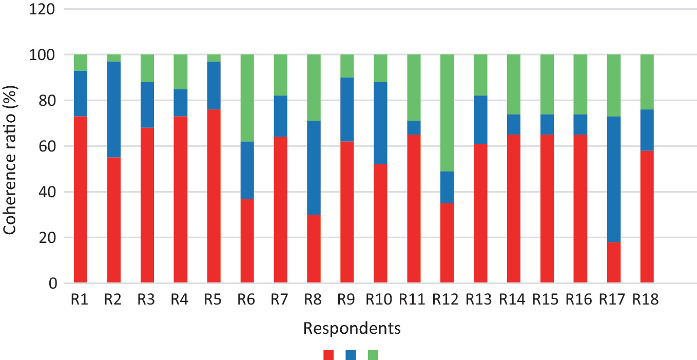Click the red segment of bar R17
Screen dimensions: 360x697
(x=614, y=262)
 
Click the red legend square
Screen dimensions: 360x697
(x=329, y=354)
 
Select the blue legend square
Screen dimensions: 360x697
(x=351, y=354)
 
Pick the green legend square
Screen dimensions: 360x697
(x=373, y=354)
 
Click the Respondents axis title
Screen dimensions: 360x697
(x=352, y=328)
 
